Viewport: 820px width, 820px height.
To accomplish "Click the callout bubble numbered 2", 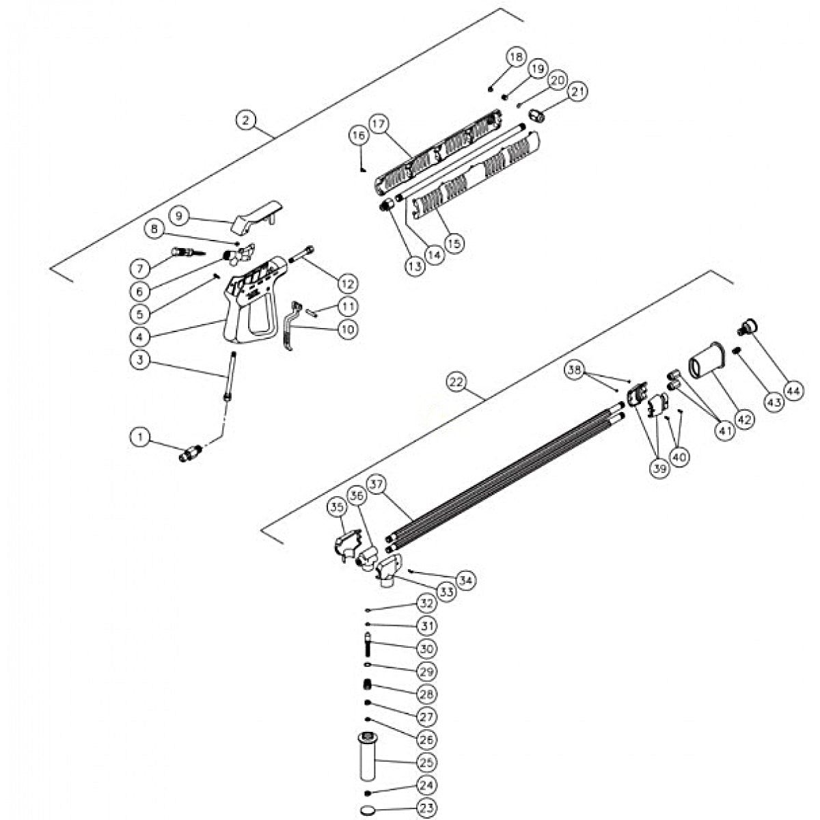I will (x=247, y=120).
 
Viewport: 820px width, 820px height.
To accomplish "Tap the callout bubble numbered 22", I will (x=457, y=383).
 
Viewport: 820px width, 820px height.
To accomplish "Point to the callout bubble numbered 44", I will (x=793, y=391).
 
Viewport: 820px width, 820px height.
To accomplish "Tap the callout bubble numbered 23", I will (x=426, y=808).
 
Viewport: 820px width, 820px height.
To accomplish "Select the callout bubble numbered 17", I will (x=379, y=124).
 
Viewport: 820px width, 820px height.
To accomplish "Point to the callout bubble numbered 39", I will (x=659, y=471).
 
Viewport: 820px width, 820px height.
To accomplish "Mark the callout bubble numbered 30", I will (x=426, y=648).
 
